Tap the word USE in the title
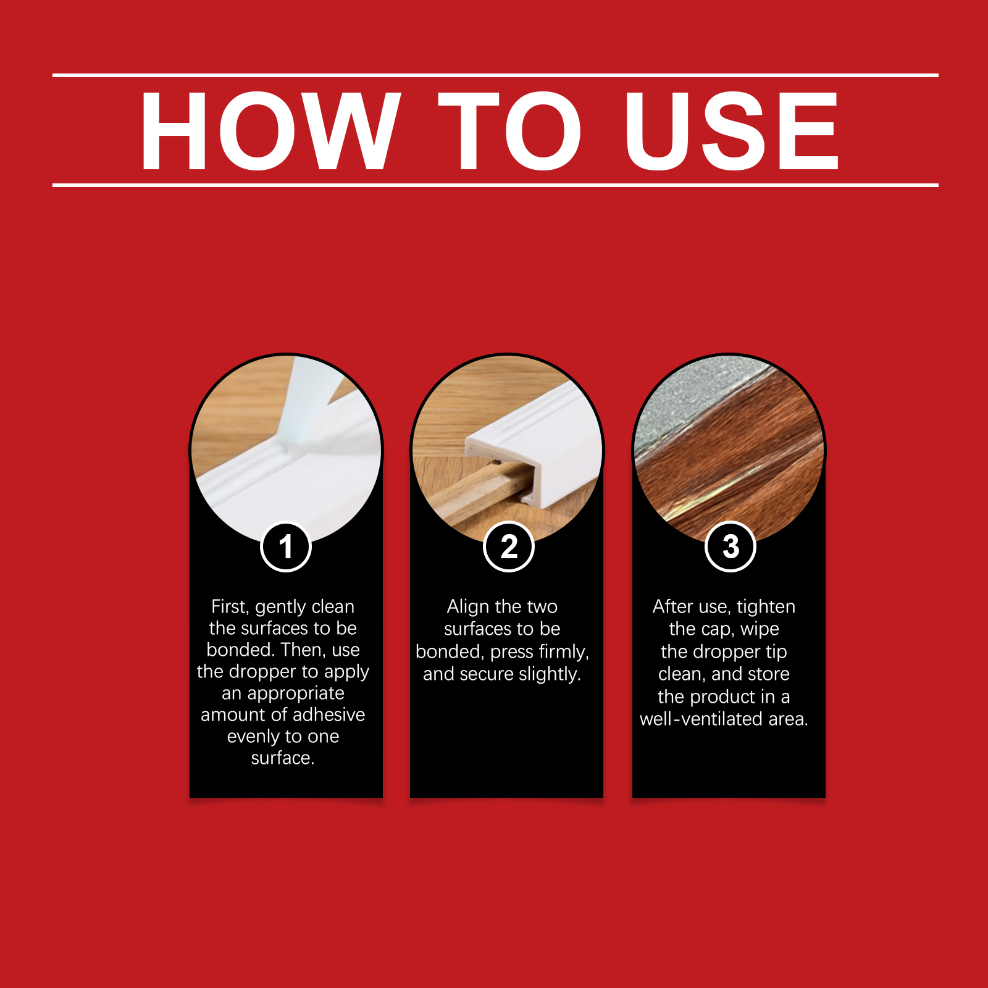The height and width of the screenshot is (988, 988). (x=732, y=131)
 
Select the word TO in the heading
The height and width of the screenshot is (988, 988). (x=510, y=131)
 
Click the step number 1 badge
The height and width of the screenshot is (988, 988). (x=286, y=547)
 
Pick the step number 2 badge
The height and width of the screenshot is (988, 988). (x=508, y=547)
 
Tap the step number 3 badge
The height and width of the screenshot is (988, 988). (x=731, y=547)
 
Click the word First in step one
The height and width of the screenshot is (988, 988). (x=230, y=607)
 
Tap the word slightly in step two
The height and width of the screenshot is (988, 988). (x=550, y=674)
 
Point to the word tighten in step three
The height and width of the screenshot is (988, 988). (x=766, y=607)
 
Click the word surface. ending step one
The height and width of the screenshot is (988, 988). (x=283, y=758)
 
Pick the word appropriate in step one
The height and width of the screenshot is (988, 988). (x=283, y=693)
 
